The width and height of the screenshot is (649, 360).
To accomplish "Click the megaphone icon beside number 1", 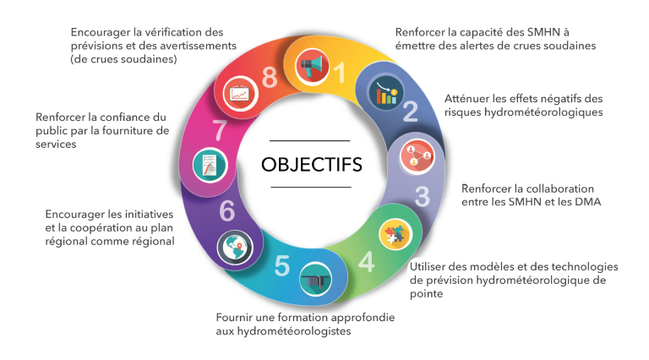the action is click(x=312, y=66).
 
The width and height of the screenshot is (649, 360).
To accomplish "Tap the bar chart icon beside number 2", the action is click(x=385, y=93).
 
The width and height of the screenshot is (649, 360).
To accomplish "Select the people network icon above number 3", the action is click(x=417, y=157).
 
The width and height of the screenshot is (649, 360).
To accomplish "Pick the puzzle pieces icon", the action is click(x=395, y=234).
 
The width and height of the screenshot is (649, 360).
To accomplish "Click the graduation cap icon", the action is click(x=316, y=280).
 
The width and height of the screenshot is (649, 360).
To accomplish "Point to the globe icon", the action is click(x=235, y=248).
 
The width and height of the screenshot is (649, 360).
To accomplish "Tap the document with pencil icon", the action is click(x=210, y=165).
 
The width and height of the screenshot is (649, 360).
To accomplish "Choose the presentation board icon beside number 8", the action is click(x=241, y=94).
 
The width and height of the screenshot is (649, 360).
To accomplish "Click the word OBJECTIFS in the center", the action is click(x=311, y=164).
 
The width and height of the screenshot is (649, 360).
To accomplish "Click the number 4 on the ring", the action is click(x=367, y=262).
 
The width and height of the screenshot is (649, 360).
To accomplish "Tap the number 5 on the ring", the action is click(x=282, y=265).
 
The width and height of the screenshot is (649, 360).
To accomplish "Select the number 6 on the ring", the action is click(x=226, y=211).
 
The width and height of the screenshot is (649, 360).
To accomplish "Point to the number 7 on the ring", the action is click(x=220, y=130).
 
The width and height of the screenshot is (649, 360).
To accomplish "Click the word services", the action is click(x=56, y=145).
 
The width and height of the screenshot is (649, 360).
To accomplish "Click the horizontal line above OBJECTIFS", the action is click(x=309, y=140).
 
